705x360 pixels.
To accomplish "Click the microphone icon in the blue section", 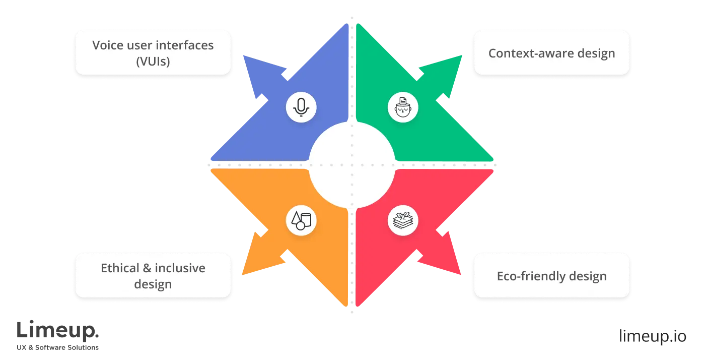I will [301, 107].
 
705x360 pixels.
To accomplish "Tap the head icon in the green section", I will [402, 107].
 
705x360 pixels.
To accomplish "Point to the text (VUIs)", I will [153, 62].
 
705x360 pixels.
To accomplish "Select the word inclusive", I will [180, 268].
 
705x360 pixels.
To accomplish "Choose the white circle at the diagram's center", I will [351, 165].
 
